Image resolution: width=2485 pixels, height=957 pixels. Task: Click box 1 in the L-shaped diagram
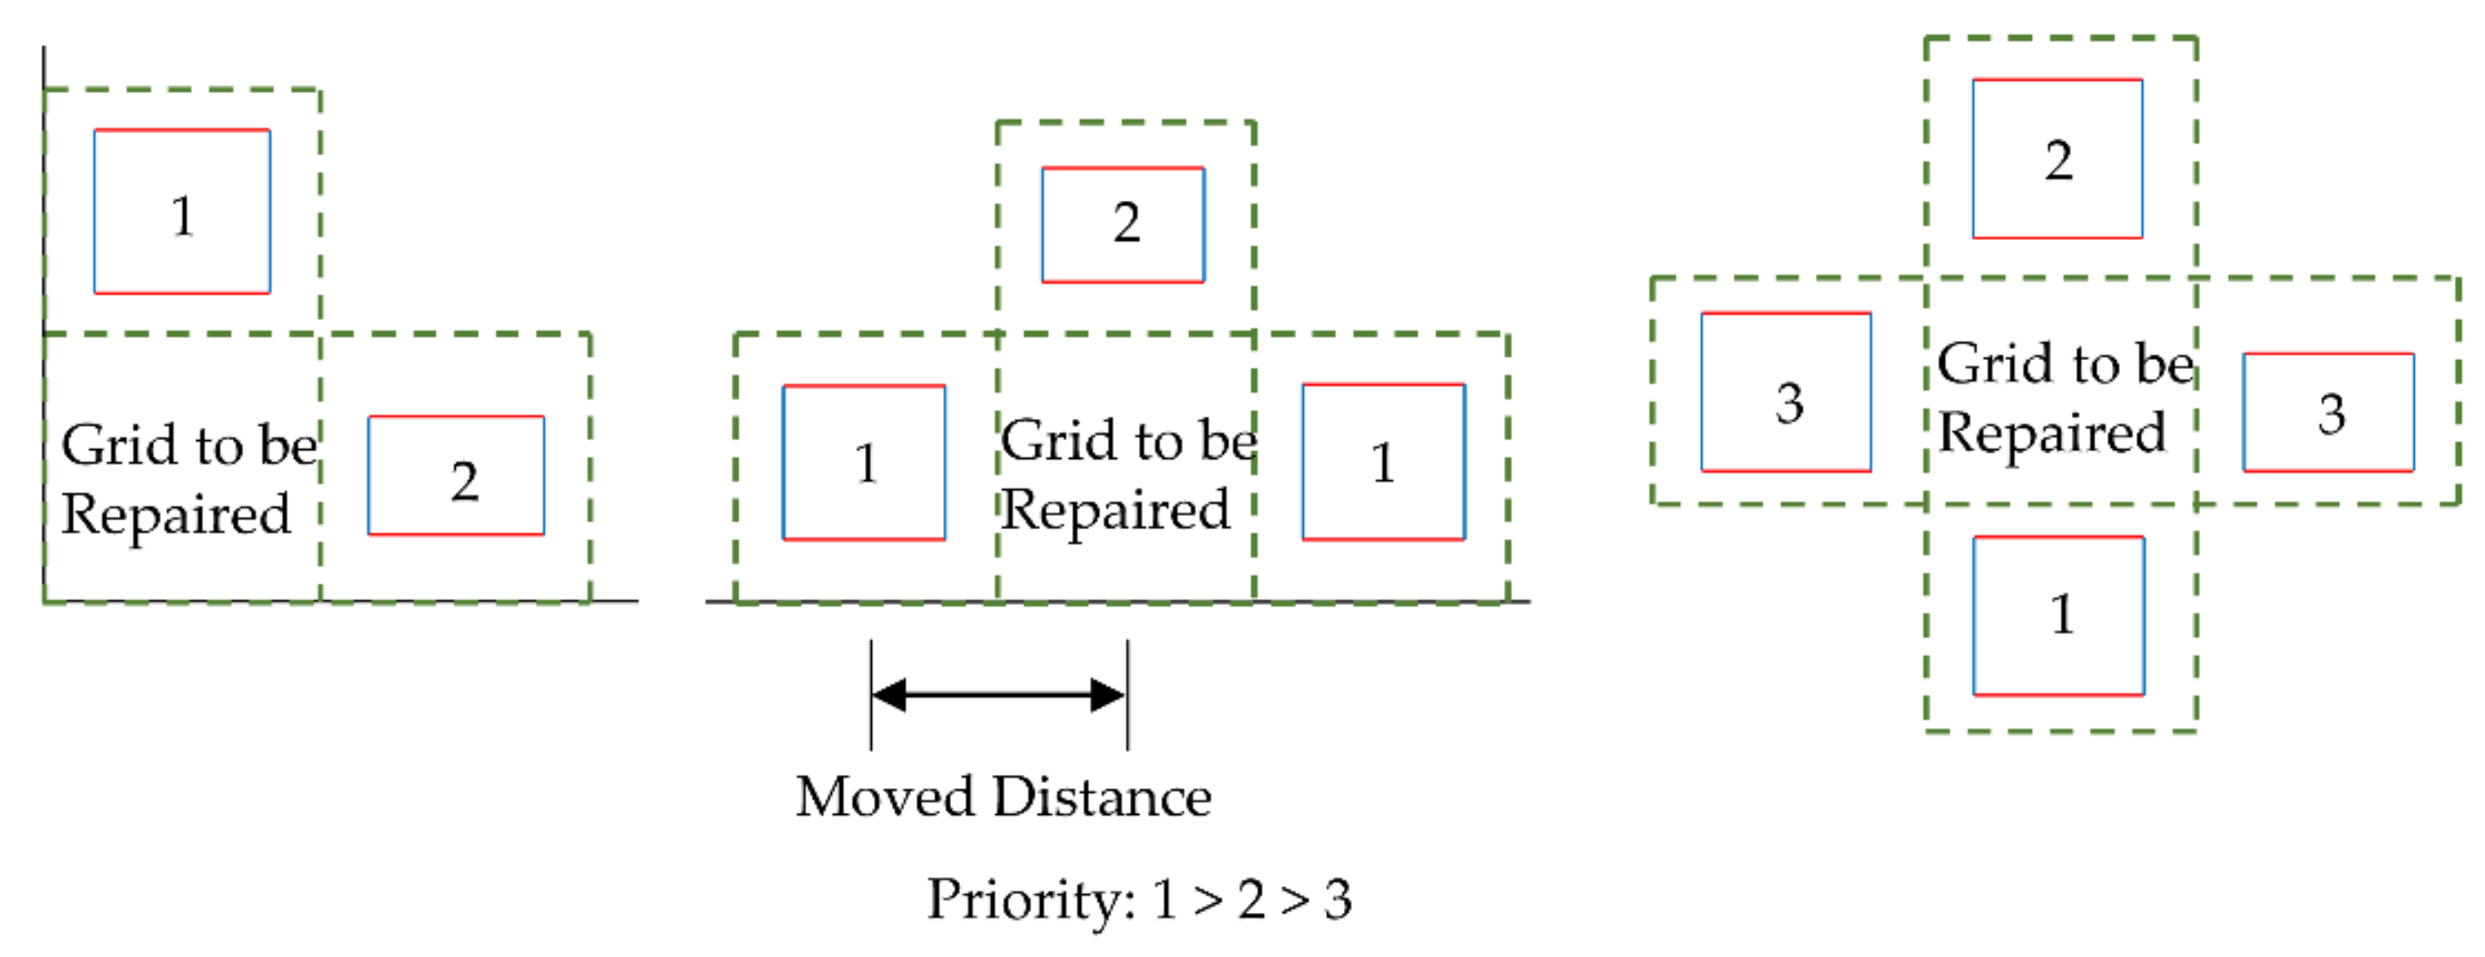pos(182,211)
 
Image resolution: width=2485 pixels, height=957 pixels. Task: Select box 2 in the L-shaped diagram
pos(456,475)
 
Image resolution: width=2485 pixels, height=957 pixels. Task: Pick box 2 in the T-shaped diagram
pos(1122,225)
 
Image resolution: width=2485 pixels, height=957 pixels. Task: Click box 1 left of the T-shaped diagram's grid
pos(864,463)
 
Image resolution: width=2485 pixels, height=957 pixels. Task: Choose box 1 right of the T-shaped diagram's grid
pos(1384,462)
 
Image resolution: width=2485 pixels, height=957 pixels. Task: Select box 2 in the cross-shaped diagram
pos(2058,158)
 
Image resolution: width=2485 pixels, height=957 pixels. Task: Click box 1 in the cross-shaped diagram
pos(2059,616)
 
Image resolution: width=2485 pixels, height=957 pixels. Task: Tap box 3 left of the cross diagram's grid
pos(1786,393)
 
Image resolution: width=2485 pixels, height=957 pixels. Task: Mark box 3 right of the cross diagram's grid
pos(2329,413)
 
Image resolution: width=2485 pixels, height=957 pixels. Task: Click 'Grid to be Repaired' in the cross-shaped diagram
pos(2060,397)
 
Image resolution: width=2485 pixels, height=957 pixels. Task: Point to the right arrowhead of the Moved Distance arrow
pos(1108,695)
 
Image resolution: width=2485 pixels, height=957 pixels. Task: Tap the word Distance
pos(1101,798)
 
